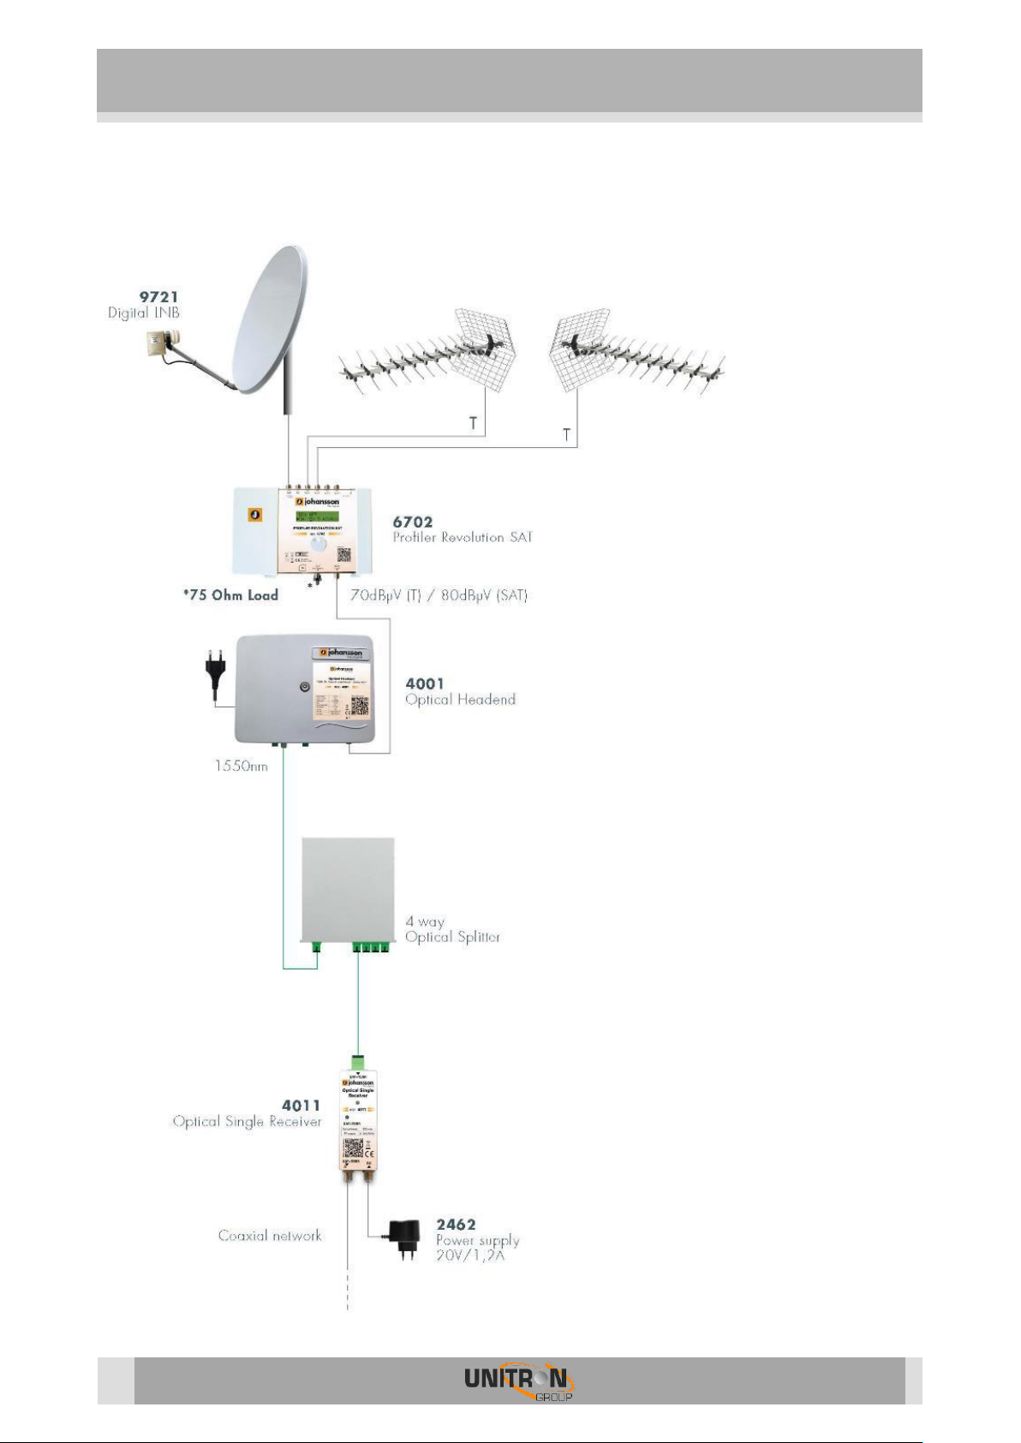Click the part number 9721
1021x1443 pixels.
(159, 296)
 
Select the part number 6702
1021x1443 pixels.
(413, 522)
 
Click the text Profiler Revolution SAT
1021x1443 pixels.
(463, 538)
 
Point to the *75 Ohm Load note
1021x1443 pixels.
(230, 595)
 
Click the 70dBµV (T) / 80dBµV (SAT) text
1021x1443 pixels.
(439, 595)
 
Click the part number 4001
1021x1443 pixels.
(425, 683)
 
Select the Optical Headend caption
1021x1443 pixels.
(460, 700)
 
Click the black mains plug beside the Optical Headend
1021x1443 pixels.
(214, 668)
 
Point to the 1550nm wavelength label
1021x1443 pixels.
(241, 766)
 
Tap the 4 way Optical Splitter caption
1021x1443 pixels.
(452, 929)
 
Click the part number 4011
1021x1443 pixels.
(301, 1106)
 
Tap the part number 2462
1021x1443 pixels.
(456, 1225)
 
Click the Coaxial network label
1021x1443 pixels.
(270, 1236)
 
